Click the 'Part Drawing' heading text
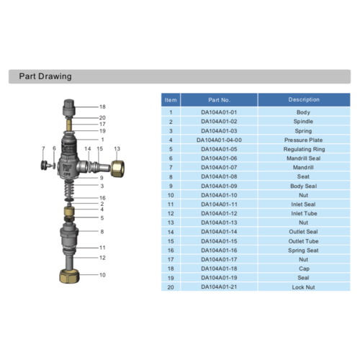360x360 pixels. (x=45, y=76)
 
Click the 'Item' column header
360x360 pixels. (x=171, y=100)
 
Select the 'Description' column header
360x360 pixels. (x=303, y=100)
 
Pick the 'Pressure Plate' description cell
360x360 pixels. (x=303, y=140)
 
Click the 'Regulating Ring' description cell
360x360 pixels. (x=303, y=149)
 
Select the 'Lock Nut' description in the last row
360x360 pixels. (x=303, y=287)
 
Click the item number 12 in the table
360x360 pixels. (x=171, y=213)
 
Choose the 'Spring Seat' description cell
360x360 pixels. (x=303, y=250)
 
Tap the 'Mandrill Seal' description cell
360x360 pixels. (x=303, y=158)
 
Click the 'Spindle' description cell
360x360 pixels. (x=303, y=122)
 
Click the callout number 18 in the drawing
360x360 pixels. (x=102, y=107)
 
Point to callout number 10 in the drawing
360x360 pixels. (x=102, y=275)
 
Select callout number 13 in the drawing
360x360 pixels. (x=117, y=148)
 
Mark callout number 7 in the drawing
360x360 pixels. (x=44, y=148)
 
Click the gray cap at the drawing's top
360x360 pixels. (x=71, y=107)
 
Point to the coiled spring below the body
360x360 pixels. (x=71, y=189)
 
